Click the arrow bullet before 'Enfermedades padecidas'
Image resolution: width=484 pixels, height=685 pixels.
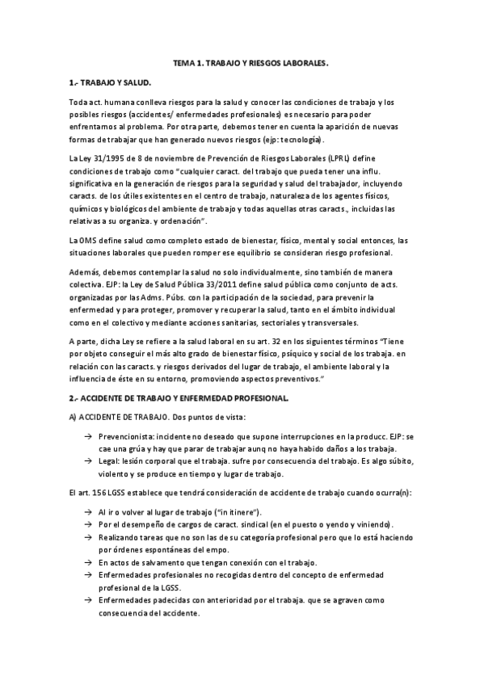[x=86, y=601]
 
